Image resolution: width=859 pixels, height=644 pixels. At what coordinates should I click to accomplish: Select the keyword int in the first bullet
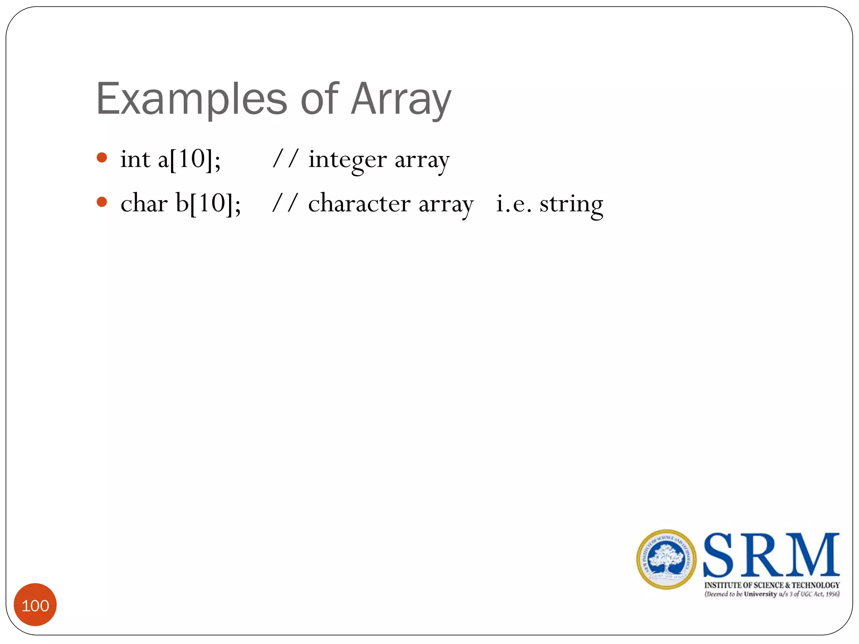(135, 160)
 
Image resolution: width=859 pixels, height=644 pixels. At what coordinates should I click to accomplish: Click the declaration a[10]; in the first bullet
(189, 160)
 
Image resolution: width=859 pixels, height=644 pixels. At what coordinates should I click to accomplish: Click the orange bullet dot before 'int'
(102, 158)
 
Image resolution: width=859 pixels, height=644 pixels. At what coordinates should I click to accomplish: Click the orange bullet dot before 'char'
(102, 202)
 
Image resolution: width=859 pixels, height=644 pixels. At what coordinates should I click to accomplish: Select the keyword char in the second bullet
(144, 203)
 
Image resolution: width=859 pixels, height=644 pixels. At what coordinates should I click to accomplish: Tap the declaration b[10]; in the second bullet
(208, 204)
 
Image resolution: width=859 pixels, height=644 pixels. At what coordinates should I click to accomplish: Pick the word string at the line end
(571, 205)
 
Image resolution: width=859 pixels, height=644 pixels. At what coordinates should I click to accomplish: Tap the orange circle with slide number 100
(35, 605)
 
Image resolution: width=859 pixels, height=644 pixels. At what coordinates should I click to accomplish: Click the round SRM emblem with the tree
(666, 559)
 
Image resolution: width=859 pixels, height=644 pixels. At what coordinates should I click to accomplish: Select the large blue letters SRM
(771, 556)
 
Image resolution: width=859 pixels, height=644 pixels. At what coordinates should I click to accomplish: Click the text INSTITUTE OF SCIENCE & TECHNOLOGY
(772, 585)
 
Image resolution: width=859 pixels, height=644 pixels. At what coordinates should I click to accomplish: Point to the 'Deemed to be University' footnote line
(772, 594)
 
